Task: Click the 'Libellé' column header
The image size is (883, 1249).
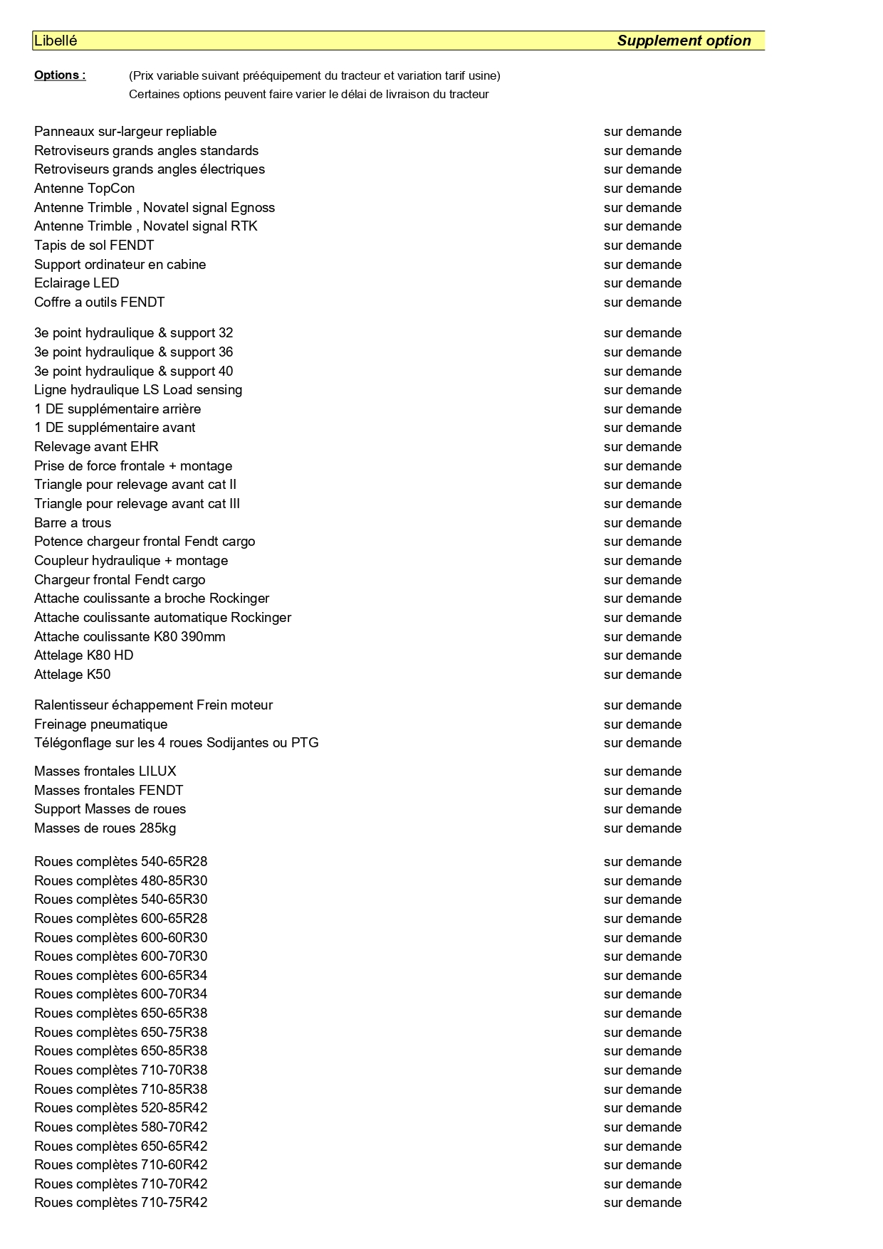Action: [56, 41]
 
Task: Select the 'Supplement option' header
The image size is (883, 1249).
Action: [684, 41]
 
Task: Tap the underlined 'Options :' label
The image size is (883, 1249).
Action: [60, 75]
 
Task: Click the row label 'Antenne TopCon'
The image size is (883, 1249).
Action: [84, 189]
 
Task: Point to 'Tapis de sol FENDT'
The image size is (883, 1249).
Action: [94, 246]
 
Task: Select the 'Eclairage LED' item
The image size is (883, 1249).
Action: [76, 283]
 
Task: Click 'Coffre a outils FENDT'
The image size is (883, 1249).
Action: [99, 302]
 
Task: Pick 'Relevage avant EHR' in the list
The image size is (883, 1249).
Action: [96, 447]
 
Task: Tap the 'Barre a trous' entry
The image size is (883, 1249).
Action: [73, 523]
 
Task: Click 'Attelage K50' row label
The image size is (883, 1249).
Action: [72, 675]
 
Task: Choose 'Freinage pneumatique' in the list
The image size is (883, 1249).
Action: [100, 724]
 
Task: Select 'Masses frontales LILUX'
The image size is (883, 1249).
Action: [105, 771]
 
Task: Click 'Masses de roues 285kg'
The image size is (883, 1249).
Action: [105, 828]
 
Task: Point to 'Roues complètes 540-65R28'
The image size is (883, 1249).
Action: [120, 862]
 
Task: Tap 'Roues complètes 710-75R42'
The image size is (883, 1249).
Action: [120, 1203]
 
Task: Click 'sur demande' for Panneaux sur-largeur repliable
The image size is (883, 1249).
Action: [642, 132]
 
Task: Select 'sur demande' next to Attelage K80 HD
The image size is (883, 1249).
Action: [642, 655]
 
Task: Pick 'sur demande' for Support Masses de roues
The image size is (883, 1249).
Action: [642, 809]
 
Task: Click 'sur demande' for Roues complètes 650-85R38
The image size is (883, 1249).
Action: [642, 1051]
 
